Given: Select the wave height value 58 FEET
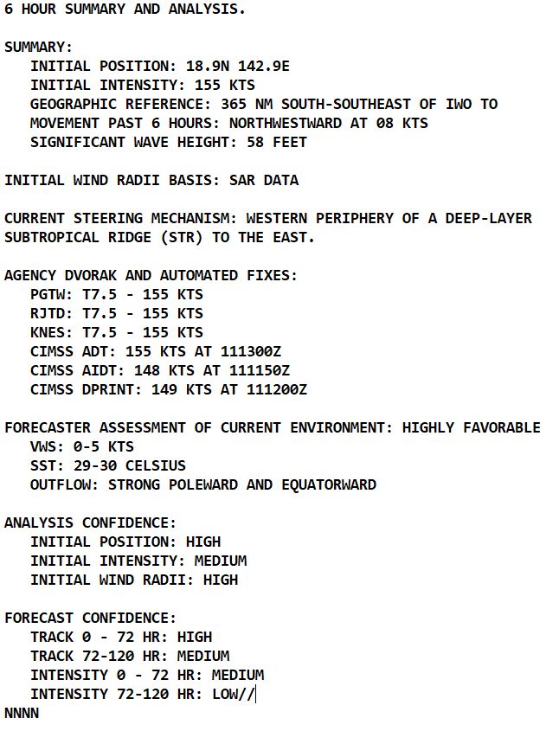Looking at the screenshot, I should (x=277, y=142).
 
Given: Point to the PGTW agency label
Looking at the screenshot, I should (x=48, y=294).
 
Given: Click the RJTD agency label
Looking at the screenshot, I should (x=48, y=313).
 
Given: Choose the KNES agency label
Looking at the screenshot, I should (x=48, y=332).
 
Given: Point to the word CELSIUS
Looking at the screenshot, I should (x=156, y=465).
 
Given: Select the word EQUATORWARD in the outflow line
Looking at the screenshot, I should (x=329, y=484).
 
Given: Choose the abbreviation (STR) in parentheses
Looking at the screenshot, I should (x=216, y=237).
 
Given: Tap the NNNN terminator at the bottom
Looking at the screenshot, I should (x=22, y=713).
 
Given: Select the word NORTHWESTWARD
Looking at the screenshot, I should (x=286, y=123).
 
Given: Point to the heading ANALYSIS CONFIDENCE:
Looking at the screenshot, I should (x=91, y=523).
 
